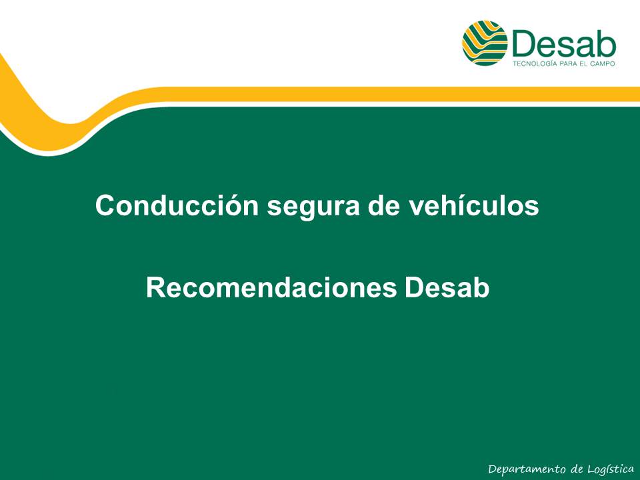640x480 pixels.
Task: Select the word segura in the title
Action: pyautogui.click(x=313, y=208)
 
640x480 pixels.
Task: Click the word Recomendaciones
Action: pyautogui.click(x=271, y=288)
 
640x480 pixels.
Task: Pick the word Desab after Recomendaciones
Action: pyautogui.click(x=447, y=288)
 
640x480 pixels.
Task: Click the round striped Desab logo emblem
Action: pyautogui.click(x=485, y=43)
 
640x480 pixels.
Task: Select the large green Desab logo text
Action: pyautogui.click(x=564, y=44)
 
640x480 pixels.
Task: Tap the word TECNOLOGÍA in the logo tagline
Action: pyautogui.click(x=535, y=64)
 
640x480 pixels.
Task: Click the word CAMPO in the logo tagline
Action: pyautogui.click(x=603, y=64)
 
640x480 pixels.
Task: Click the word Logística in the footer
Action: pyautogui.click(x=611, y=469)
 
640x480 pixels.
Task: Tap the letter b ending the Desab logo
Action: pyautogui.click(x=606, y=44)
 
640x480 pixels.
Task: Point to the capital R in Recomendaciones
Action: pyautogui.click(x=156, y=288)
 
